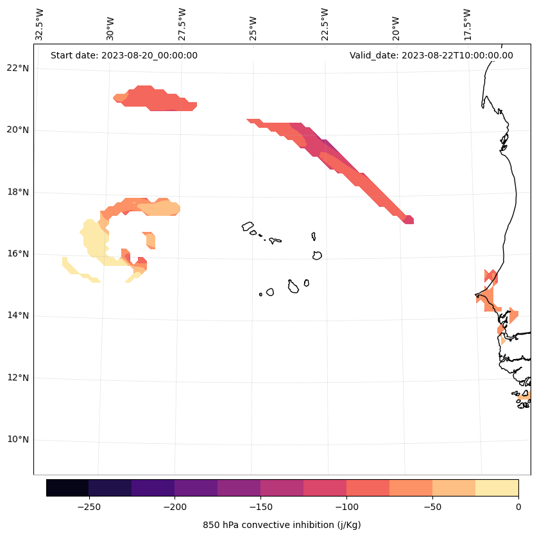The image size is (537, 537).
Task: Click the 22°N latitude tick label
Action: (19, 68)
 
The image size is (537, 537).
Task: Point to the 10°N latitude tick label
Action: (19, 439)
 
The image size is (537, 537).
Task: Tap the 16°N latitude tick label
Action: (19, 254)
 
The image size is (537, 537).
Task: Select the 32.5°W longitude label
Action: (40, 24)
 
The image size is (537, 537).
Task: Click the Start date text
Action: (124, 55)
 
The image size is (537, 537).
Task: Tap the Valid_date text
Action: (431, 55)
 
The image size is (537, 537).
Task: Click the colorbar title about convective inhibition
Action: (282, 525)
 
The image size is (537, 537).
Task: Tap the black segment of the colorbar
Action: (67, 488)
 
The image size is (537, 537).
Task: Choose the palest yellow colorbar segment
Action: (497, 488)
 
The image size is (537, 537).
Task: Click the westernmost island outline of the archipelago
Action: (248, 226)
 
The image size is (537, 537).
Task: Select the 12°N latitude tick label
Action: (19, 378)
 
